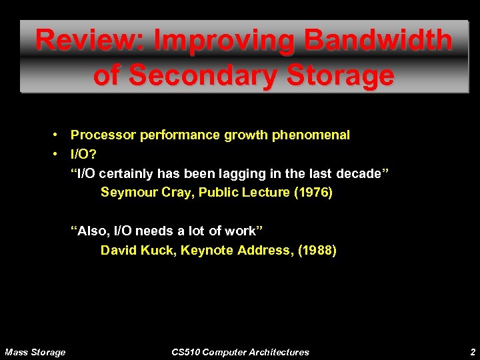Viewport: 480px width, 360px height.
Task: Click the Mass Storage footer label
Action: tap(35, 352)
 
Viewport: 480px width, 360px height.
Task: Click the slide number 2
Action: tap(472, 352)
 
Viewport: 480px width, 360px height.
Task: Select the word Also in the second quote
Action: tap(93, 231)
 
